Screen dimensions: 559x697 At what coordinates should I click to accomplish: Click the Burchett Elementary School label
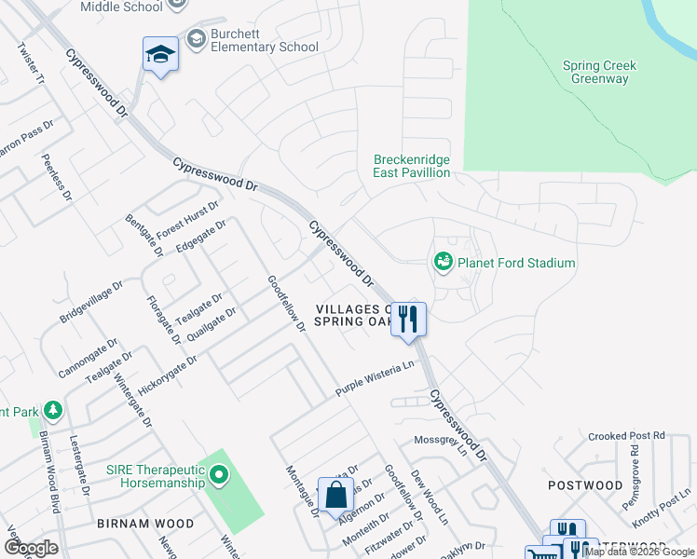pyautogui.click(x=264, y=39)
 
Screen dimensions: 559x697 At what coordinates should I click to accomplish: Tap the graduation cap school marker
pyautogui.click(x=160, y=56)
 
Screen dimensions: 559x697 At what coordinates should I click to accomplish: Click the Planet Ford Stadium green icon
pyautogui.click(x=444, y=263)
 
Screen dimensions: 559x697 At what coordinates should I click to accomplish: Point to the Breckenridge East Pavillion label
pyautogui.click(x=412, y=166)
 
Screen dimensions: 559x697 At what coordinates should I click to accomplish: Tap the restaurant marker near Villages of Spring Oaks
pyautogui.click(x=408, y=320)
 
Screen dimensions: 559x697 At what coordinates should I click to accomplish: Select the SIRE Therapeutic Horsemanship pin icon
pyautogui.click(x=218, y=476)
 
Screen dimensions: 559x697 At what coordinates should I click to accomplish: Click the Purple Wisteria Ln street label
pyautogui.click(x=375, y=379)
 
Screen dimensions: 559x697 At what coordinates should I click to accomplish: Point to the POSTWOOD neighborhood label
pyautogui.click(x=585, y=485)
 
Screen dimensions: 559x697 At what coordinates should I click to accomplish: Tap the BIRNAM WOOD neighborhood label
pyautogui.click(x=145, y=524)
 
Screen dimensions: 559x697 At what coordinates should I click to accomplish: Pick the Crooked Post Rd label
pyautogui.click(x=627, y=435)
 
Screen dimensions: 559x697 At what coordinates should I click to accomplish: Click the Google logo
pyautogui.click(x=31, y=548)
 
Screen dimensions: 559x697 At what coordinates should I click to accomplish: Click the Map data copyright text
pyautogui.click(x=638, y=552)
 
